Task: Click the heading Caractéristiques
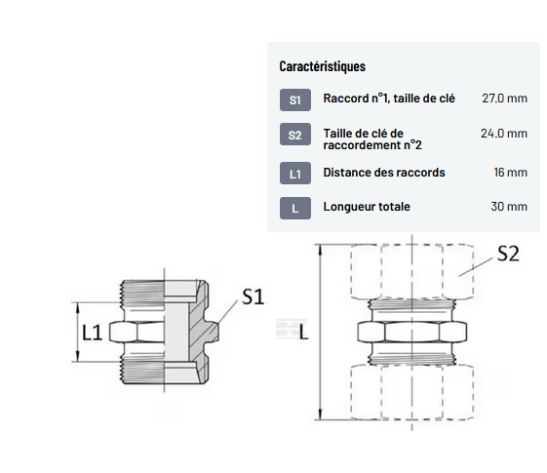(x=322, y=66)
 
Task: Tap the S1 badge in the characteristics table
(x=295, y=100)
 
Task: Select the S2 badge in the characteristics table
(x=295, y=135)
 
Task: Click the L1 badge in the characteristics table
(x=295, y=173)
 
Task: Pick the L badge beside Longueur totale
(x=295, y=209)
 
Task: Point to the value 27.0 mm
(x=504, y=99)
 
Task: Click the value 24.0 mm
(x=504, y=134)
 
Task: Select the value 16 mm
(x=510, y=173)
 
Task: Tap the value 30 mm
(x=509, y=207)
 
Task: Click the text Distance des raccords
(x=384, y=173)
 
